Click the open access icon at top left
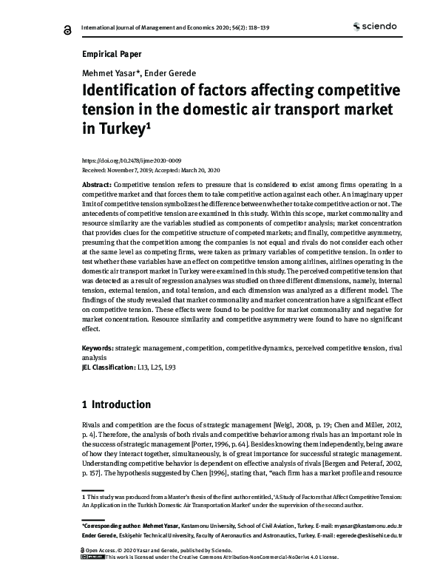68,29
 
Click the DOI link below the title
130,160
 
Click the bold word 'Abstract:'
97,183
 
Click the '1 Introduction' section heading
116,404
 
